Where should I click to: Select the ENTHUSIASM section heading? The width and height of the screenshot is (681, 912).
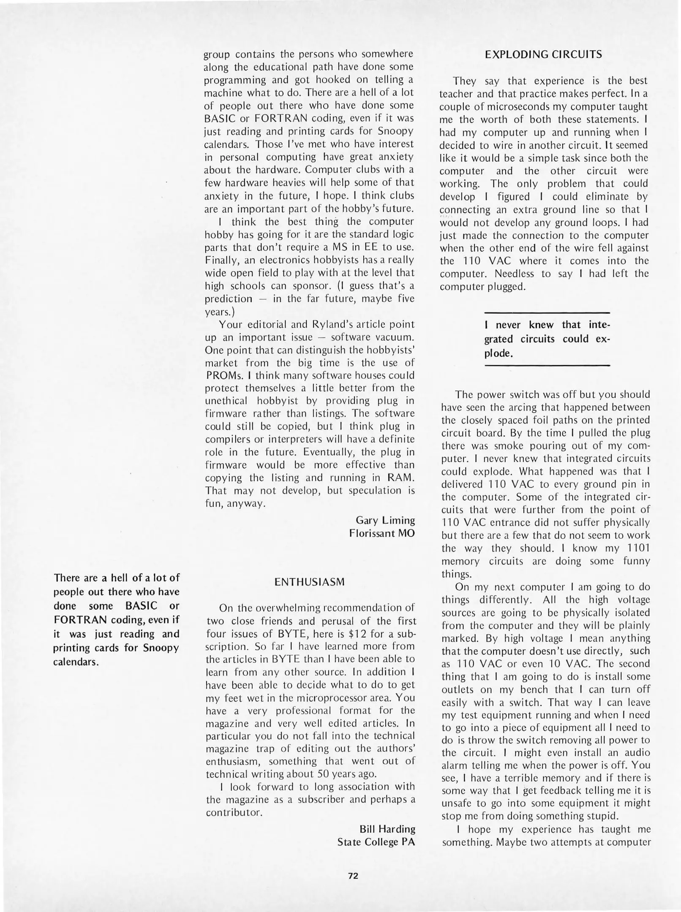tap(309, 582)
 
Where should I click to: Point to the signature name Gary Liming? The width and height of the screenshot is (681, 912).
tap(385, 520)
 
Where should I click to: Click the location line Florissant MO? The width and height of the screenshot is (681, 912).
tap(382, 533)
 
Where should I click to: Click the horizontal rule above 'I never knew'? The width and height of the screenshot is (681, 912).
tap(547, 313)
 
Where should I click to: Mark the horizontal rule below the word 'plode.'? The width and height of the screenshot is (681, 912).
tap(547, 365)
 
